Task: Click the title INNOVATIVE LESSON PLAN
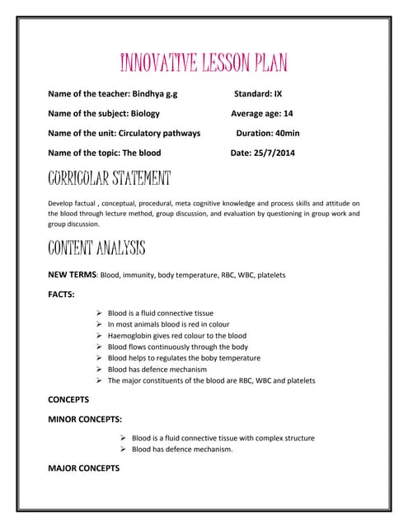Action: point(204,63)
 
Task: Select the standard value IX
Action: point(278,94)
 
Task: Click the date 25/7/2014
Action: point(274,153)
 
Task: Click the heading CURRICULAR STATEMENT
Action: point(110,177)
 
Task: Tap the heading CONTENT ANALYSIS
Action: point(96,247)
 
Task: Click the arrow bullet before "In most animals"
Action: point(99,325)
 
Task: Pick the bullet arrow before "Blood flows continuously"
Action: point(99,347)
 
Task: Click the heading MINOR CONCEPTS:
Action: point(85,419)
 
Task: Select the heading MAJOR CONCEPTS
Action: point(83,468)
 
